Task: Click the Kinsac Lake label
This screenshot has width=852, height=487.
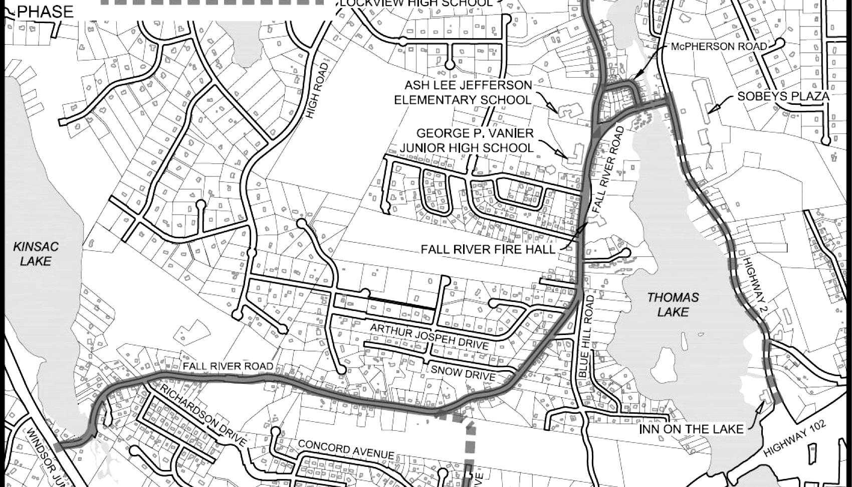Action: [36, 253]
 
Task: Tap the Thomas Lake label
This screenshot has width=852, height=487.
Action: [673, 304]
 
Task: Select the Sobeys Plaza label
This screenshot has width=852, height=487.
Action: [783, 97]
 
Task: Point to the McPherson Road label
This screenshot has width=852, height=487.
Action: [719, 47]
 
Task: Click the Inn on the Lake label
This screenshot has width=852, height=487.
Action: [692, 429]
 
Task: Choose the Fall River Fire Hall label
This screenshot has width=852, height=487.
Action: [488, 249]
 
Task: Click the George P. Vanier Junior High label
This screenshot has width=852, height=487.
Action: [475, 141]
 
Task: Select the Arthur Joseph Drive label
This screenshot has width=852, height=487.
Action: [429, 337]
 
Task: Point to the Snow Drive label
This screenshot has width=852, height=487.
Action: [463, 373]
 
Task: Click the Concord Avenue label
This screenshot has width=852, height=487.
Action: [346, 449]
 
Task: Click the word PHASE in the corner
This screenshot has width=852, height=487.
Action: [45, 12]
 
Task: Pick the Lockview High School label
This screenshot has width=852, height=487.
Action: [416, 3]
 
